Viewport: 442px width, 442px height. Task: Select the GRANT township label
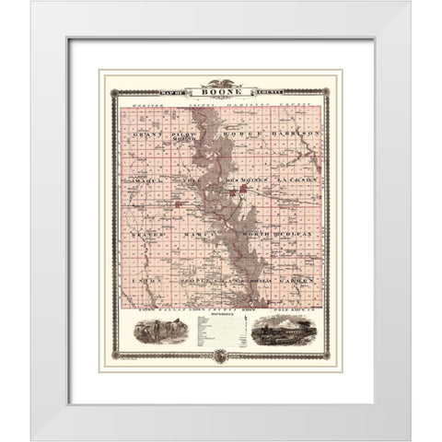click(147, 134)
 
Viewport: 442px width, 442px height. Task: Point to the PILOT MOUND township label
click(190, 136)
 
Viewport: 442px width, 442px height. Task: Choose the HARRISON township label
click(294, 134)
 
